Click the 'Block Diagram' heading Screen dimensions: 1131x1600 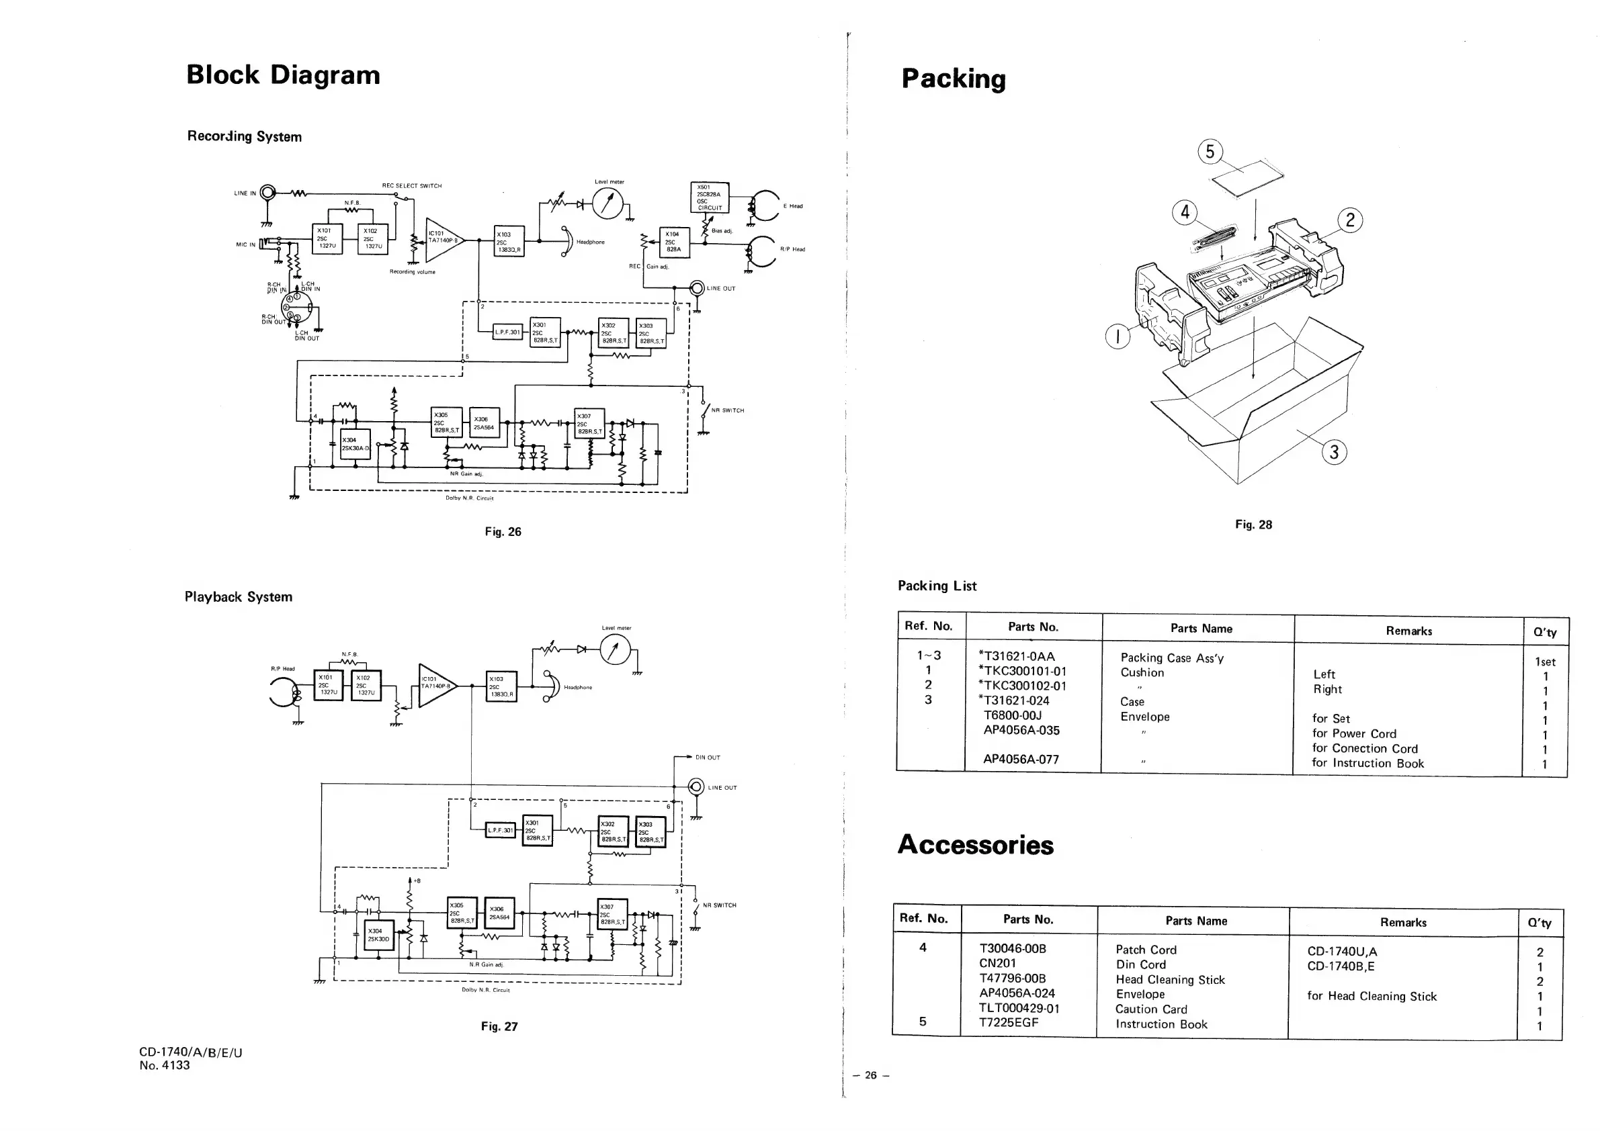(283, 75)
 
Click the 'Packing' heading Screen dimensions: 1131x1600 (954, 79)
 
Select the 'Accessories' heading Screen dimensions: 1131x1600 (975, 845)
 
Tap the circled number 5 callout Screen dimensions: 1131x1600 (1210, 152)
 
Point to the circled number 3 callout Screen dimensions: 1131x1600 (1334, 453)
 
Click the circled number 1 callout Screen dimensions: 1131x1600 (1118, 338)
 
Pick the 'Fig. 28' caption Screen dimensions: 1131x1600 (1253, 525)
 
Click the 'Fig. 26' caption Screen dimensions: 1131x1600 (503, 532)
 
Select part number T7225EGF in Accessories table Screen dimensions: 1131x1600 (1009, 1022)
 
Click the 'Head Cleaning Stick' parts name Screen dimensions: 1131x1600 (1170, 980)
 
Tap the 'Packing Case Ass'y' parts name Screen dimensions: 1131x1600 (1171, 658)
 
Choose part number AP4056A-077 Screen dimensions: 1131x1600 (1021, 759)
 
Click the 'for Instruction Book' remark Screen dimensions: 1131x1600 (1367, 763)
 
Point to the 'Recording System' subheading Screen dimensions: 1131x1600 (244, 136)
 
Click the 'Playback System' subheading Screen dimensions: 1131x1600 (239, 597)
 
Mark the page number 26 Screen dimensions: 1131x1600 (870, 1075)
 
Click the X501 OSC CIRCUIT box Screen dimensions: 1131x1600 (710, 197)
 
